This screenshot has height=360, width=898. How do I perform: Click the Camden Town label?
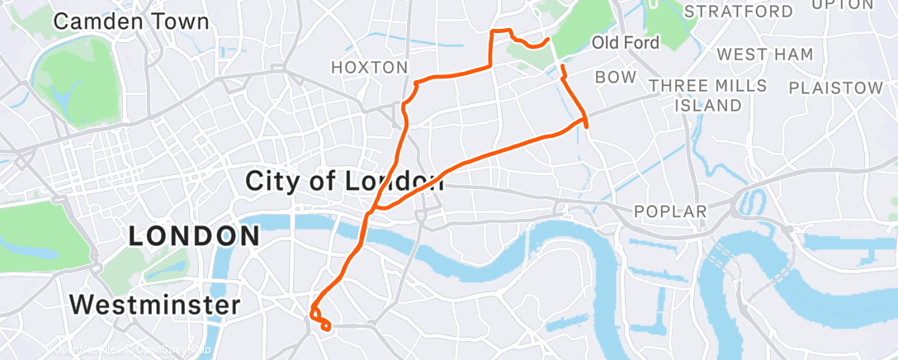[131, 21]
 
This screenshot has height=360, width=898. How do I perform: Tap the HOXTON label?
[369, 67]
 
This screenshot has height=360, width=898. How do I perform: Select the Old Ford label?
[626, 42]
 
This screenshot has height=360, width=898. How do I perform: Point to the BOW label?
[616, 77]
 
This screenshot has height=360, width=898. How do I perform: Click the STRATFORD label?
[739, 12]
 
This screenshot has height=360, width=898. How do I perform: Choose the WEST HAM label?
[765, 54]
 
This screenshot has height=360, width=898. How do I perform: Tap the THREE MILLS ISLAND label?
[708, 95]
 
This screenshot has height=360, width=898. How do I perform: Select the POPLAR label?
[670, 211]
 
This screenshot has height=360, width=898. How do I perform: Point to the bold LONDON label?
[195, 235]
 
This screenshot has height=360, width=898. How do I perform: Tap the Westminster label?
[154, 305]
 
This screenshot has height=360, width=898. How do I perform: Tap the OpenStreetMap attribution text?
[165, 349]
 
